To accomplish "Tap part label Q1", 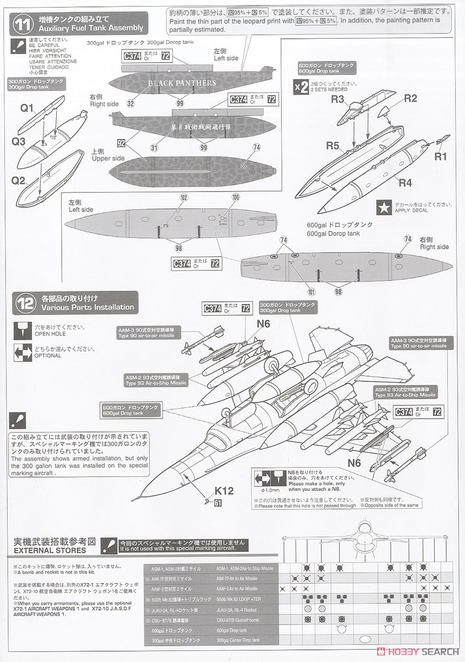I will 27,108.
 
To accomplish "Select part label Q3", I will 19,141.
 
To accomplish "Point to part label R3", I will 337,100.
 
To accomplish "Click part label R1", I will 441,157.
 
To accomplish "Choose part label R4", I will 405,182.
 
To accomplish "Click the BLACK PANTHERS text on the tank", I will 182,84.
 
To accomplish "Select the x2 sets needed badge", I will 301,87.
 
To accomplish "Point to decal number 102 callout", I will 184,197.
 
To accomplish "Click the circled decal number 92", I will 121,142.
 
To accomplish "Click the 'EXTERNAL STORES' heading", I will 51,550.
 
